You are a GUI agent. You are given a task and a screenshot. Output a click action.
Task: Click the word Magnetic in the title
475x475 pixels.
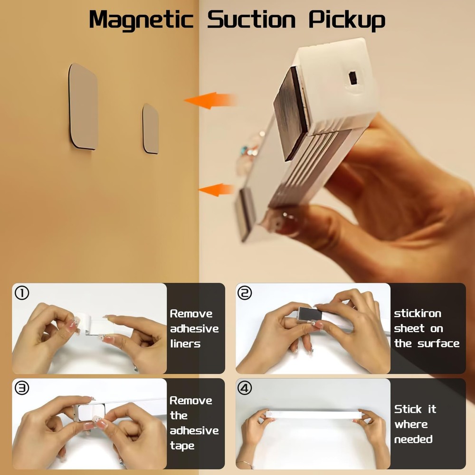click(141, 20)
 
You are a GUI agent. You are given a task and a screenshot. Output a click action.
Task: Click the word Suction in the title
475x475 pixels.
click(251, 20)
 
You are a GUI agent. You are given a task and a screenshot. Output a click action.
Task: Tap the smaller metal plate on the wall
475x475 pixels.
click(151, 129)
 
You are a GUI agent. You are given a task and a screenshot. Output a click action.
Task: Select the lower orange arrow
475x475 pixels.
click(216, 190)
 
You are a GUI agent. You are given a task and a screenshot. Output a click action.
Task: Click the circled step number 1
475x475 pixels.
click(22, 294)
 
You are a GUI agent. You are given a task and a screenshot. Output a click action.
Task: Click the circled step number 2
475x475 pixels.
click(245, 294)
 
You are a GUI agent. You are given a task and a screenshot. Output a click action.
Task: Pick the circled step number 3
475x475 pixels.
click(22, 388)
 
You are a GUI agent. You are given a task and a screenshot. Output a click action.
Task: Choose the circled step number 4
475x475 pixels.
click(245, 388)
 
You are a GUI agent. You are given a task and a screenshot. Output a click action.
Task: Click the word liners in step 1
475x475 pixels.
click(185, 343)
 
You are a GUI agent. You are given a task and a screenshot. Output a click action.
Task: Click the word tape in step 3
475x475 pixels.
click(182, 446)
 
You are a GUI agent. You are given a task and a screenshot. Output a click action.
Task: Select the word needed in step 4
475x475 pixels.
click(413, 439)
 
